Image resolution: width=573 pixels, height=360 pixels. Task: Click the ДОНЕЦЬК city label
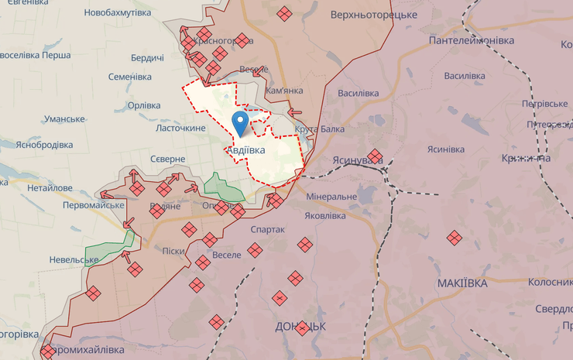pos(300,326)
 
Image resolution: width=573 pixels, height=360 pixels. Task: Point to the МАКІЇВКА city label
pos(462,283)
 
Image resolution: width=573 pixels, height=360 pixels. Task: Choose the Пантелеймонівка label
pos(472,39)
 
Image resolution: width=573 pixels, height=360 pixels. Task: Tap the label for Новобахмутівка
pos(118,13)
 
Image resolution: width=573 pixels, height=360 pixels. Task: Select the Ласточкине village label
pos(181,127)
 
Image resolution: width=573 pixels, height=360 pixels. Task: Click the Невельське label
pos(74,259)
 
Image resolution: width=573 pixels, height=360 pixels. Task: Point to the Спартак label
pos(268,230)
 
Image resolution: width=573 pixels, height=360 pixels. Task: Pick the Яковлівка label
pos(324,215)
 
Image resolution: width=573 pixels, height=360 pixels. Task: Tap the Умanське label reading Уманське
pos(64,118)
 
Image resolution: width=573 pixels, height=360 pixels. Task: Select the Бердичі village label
pos(147,58)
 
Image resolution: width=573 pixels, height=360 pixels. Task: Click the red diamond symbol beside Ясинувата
pos(375,156)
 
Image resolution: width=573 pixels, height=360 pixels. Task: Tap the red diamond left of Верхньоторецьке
pos(285,13)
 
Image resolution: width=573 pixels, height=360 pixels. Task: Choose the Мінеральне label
pos(331,197)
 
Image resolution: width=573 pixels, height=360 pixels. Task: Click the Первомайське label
pos(94,204)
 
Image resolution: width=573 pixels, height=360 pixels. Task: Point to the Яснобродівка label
pos(43,145)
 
